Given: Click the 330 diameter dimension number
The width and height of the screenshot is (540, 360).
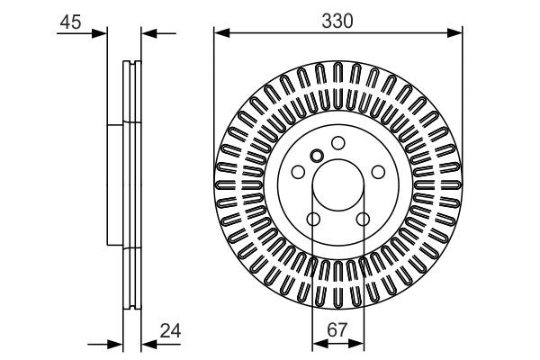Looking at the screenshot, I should click(x=337, y=17).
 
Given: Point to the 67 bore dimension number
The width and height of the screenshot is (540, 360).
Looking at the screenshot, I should click(x=337, y=331).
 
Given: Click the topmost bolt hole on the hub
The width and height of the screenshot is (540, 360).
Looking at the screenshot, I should click(x=338, y=143).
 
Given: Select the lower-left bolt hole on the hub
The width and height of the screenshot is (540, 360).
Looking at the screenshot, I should click(x=313, y=220).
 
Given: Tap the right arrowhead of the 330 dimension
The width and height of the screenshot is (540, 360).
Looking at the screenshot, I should click(x=456, y=34).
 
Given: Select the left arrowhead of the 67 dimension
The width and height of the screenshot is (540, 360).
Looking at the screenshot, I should click(x=318, y=345).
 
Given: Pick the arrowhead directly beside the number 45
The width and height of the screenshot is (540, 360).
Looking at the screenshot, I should click(x=99, y=34).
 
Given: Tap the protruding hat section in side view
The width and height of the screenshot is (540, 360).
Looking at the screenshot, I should click(x=113, y=184).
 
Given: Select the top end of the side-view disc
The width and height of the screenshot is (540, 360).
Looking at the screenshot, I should click(x=132, y=62).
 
